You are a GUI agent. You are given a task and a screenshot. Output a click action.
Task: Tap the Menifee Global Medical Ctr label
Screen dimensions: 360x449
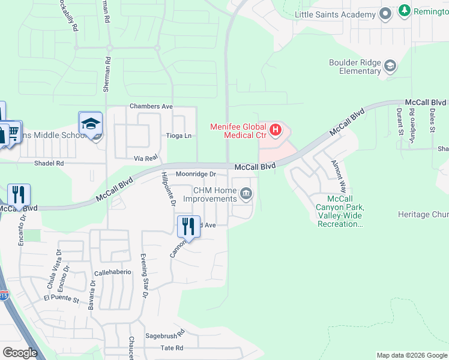238,131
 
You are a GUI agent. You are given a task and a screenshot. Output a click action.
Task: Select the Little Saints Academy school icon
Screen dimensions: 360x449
385,13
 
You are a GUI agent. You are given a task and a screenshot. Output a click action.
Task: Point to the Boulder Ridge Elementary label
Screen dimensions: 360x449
355,67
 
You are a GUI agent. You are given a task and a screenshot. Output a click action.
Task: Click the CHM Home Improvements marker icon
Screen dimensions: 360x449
246,194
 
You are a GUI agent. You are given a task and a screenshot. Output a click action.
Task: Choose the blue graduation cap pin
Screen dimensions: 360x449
91,124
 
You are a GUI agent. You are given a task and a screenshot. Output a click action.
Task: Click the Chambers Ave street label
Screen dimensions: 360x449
151,106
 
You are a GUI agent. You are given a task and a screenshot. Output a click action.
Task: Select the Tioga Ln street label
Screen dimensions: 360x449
179,136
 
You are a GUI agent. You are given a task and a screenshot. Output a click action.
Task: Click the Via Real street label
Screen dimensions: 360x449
146,158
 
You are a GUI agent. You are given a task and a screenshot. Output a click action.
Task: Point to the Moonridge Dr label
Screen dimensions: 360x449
195,174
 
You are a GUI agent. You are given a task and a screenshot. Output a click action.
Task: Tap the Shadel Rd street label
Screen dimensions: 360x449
49,163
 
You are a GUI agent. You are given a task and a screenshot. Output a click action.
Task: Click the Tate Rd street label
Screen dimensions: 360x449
172,348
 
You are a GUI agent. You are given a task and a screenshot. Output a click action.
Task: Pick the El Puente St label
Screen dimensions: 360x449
61,297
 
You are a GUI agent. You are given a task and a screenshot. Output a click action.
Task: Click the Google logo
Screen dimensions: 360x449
20,353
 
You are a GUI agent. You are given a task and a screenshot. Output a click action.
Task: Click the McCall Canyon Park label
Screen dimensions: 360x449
340,211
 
